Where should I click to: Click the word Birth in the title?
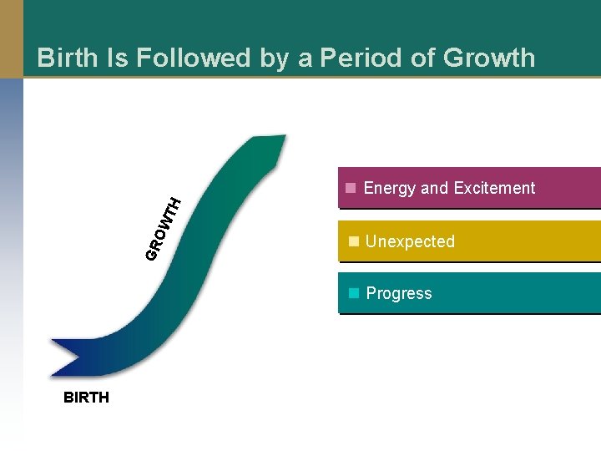tap(65, 58)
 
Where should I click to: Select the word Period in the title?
tap(367, 58)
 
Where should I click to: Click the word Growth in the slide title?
tap(489, 58)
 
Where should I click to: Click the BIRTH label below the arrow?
tap(86, 398)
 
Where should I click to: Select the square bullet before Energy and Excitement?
tap(352, 187)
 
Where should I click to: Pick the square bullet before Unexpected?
tap(354, 241)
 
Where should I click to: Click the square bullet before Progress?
tap(354, 293)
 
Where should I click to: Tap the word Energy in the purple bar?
tap(389, 188)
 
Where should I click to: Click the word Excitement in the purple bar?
tap(492, 188)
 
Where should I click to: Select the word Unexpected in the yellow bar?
tap(410, 241)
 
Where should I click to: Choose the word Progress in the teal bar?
tap(399, 293)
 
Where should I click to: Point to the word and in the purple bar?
tap(434, 188)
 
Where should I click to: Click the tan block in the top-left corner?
tap(11, 38)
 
